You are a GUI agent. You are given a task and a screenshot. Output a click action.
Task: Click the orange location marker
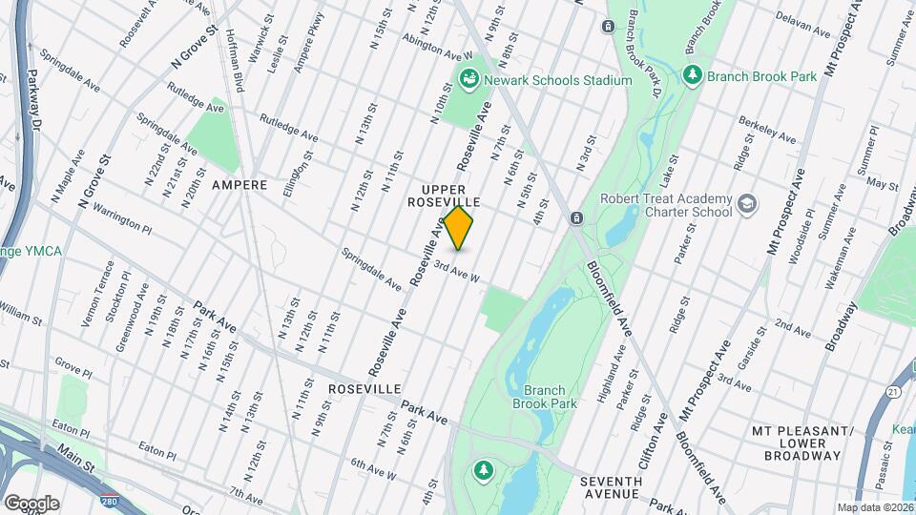pyautogui.click(x=459, y=228)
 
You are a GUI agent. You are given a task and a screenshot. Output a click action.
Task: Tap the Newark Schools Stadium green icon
pyautogui.click(x=468, y=80)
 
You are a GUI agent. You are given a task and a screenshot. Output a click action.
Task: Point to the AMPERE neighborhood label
pyautogui.click(x=239, y=184)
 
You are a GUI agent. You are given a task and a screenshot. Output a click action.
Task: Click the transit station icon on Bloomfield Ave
pyautogui.click(x=576, y=218)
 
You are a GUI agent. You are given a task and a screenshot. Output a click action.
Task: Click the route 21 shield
pyautogui.click(x=892, y=391)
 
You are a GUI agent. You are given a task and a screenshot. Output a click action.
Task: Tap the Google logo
pyautogui.click(x=31, y=503)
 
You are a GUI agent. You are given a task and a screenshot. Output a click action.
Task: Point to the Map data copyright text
pyautogui.click(x=875, y=507)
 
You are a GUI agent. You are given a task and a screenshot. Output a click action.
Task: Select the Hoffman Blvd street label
pyautogui.click(x=239, y=67)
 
